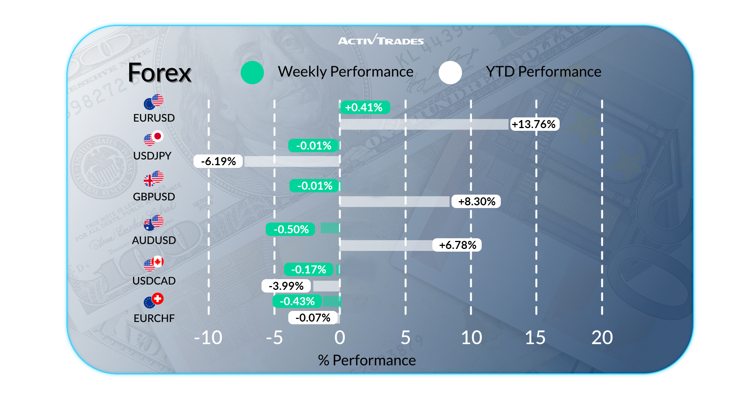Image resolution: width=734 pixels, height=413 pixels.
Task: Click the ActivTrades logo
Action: pos(381,40)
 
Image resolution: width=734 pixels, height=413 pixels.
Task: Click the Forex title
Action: pos(159,73)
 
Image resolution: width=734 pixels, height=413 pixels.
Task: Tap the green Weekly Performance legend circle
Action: pos(252,72)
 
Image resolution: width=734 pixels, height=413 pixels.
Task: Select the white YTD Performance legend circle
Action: pos(450,72)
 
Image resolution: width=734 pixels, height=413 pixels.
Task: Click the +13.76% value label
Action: pos(534,124)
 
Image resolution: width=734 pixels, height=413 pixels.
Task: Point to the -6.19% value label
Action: pos(218,161)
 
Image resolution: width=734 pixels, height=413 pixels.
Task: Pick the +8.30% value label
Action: pos(476,202)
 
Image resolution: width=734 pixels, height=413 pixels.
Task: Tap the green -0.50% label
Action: pos(291,229)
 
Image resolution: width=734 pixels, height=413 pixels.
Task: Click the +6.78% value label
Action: pos(457,245)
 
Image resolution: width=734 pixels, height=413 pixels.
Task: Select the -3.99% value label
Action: pos(286,286)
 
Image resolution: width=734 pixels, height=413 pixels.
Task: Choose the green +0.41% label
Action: pos(364,107)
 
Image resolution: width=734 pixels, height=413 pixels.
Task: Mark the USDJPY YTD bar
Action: pos(292,161)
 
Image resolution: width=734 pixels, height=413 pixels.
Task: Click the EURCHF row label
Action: pos(154,318)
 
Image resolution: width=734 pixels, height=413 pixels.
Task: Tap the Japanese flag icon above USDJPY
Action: pos(158,136)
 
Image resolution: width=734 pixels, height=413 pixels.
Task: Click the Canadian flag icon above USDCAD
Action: pos(158,262)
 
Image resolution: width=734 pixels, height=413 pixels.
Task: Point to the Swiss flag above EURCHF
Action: pos(158,299)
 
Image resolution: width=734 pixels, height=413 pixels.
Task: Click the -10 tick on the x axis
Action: pos(208,338)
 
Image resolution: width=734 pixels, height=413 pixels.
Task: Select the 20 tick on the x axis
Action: pos(602,338)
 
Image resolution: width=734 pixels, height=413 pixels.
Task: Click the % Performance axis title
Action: pos(367,360)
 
